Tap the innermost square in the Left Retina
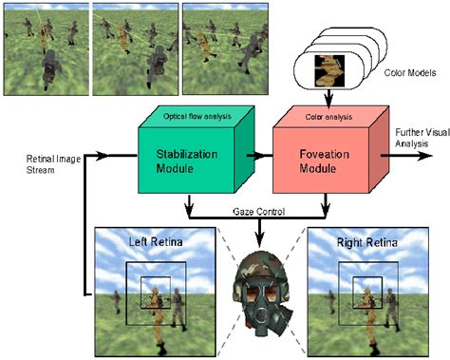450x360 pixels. (152, 288)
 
